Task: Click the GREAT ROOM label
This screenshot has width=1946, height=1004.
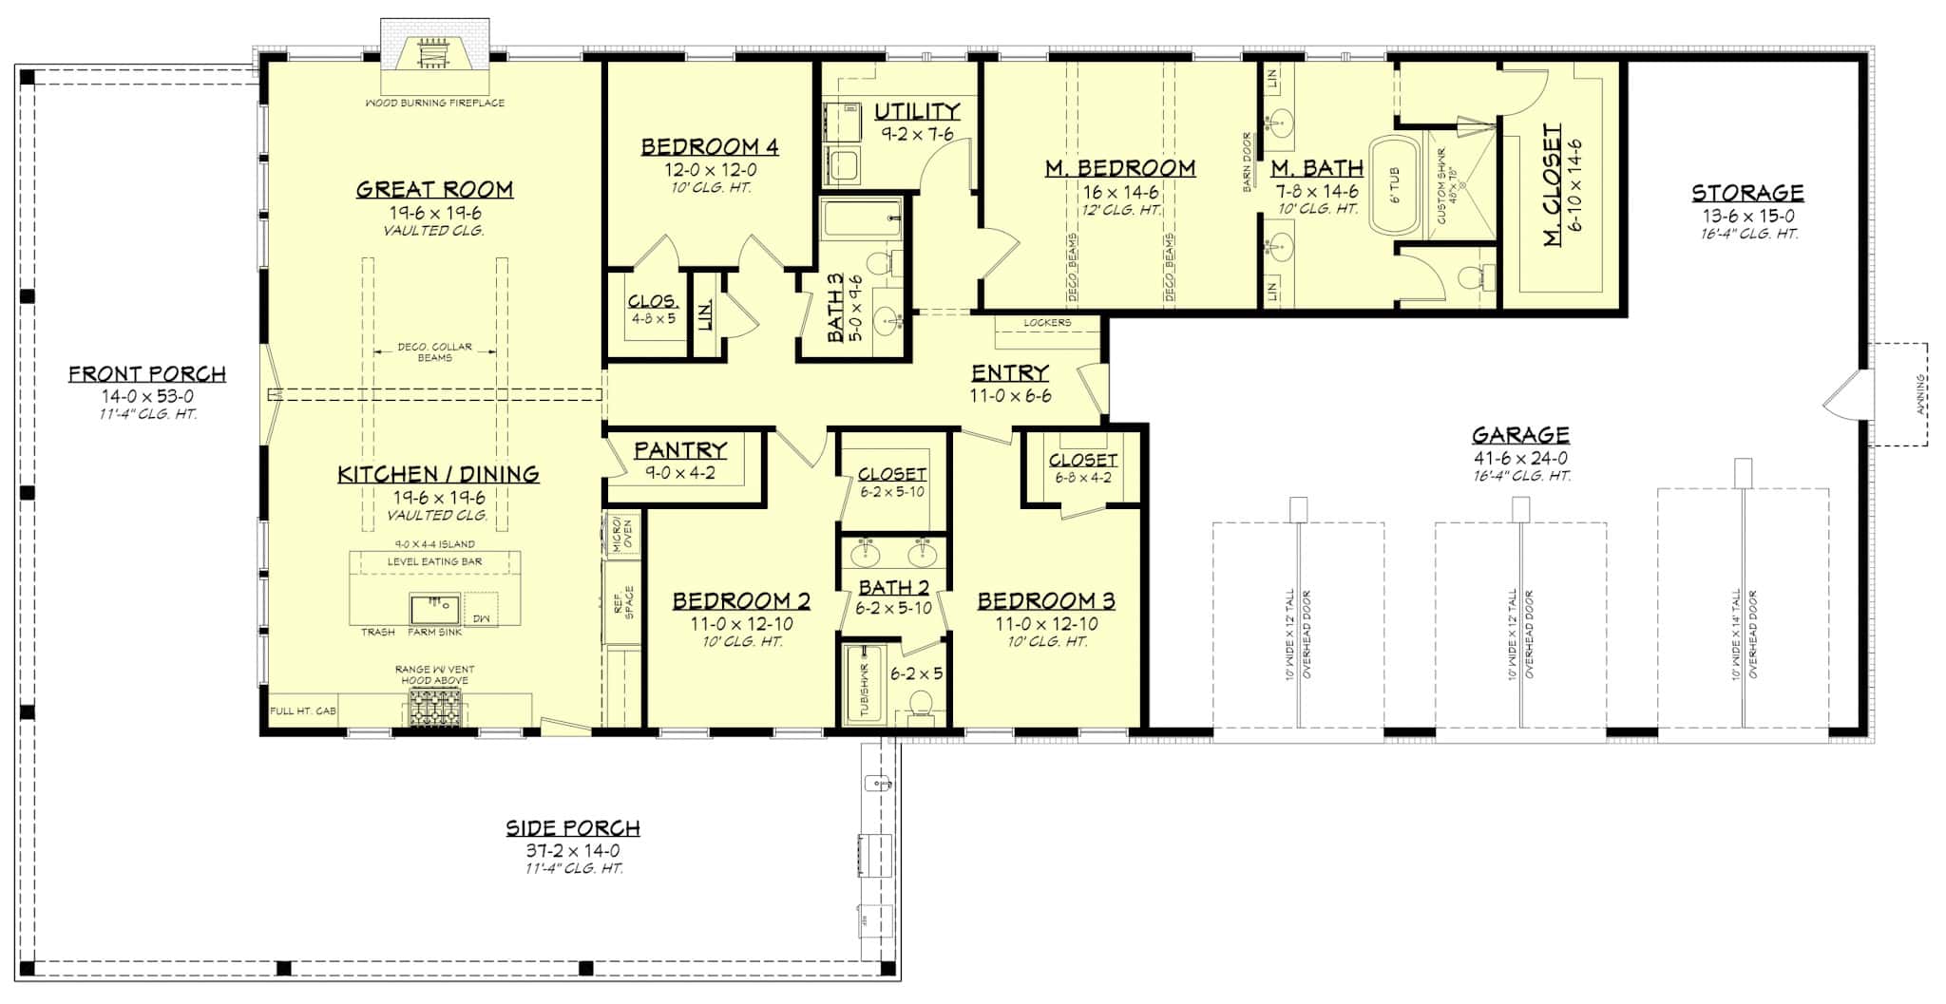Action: tap(434, 189)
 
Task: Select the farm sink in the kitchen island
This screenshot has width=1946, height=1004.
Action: tap(435, 607)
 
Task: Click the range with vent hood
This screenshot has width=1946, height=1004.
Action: tap(434, 708)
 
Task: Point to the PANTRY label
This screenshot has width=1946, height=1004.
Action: tap(680, 449)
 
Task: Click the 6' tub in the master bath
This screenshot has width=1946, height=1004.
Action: tap(1394, 185)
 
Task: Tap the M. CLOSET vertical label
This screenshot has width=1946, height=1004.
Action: tap(1552, 185)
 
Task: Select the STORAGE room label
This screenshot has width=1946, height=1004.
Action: tap(1746, 193)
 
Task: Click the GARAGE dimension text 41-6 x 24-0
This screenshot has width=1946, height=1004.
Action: tap(1520, 458)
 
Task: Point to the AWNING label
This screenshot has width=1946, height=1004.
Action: tap(1920, 395)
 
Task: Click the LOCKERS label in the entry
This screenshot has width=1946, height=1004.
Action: tap(1047, 323)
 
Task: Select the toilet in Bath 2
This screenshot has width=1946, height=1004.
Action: tap(919, 706)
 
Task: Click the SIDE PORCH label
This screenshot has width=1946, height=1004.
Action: tap(572, 827)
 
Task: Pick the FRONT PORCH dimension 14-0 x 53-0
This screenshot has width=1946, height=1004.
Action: tap(146, 396)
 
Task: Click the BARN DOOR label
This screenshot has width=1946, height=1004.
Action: tap(1248, 162)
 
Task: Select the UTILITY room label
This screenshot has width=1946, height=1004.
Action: tap(916, 111)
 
